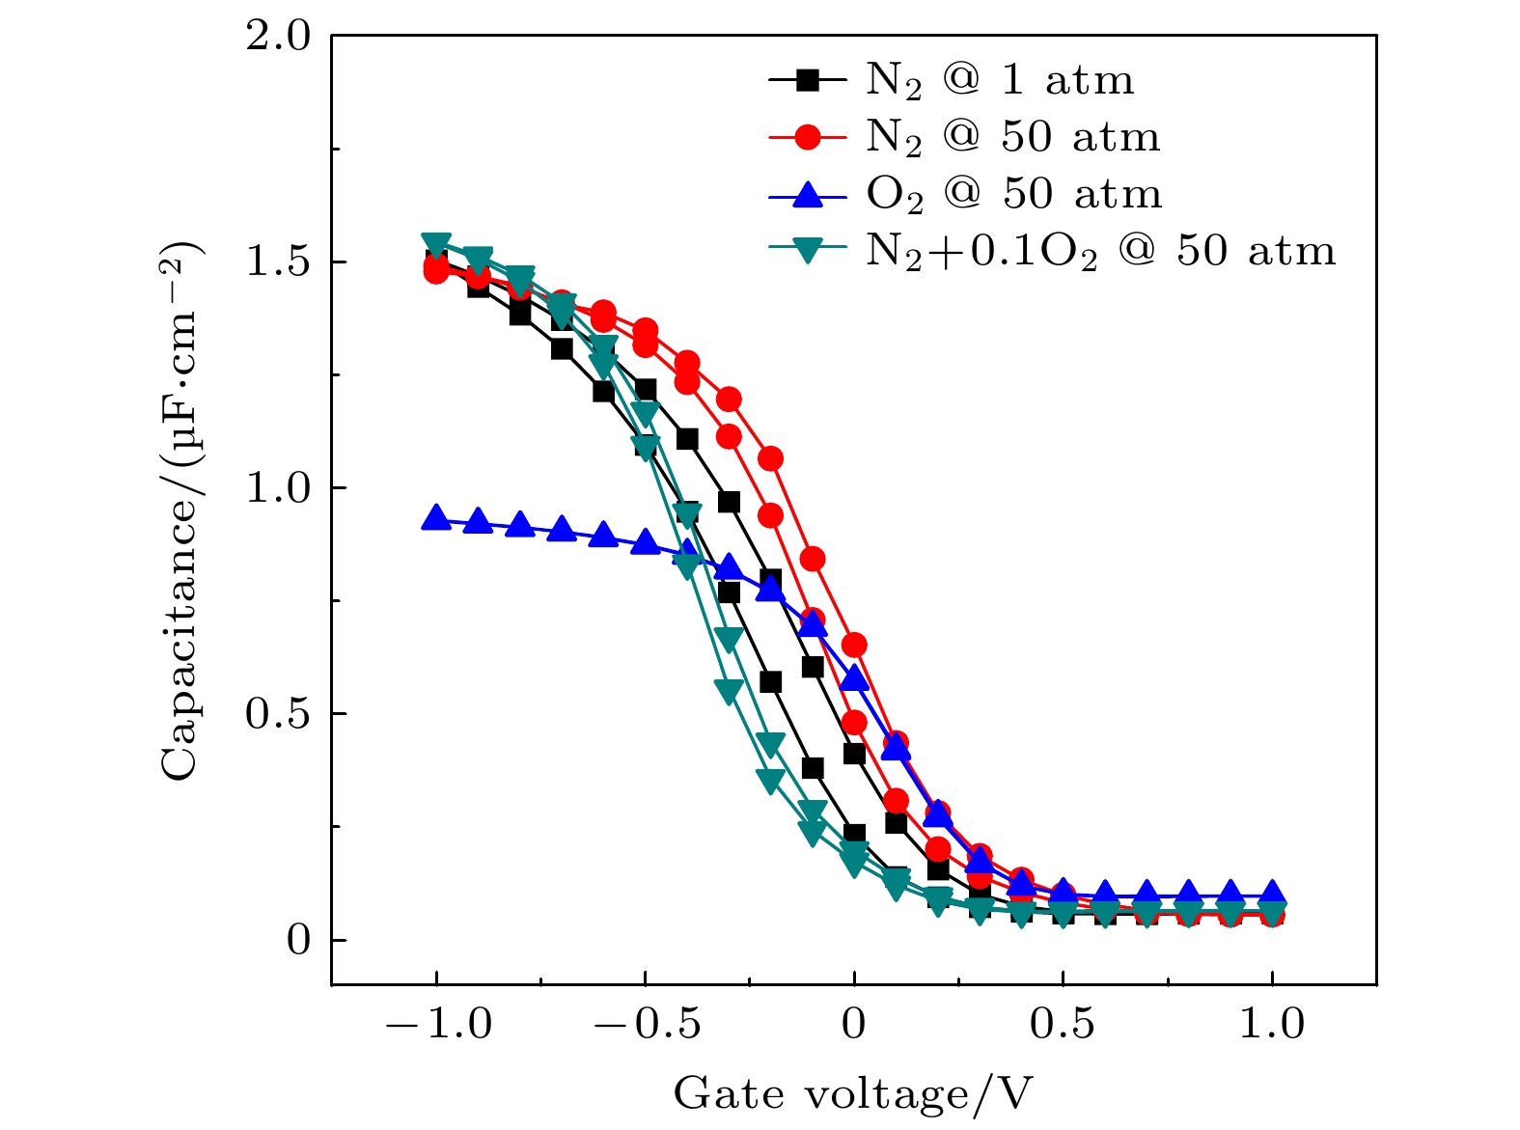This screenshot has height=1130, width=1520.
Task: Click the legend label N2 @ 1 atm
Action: point(1000,81)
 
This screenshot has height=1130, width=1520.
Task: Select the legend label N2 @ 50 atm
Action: point(1012,138)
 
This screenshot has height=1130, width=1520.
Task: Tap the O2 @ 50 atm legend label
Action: point(1013,195)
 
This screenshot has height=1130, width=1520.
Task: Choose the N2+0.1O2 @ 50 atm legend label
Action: point(1100,251)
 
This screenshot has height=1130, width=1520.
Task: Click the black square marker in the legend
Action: point(808,80)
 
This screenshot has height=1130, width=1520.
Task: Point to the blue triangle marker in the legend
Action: point(808,194)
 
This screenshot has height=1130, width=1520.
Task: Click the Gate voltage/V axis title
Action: point(853,1094)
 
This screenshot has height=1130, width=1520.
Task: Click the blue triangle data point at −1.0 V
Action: point(436,518)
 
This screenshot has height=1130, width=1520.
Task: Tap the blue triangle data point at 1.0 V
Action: point(1272,893)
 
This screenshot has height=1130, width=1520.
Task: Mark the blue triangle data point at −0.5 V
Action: point(646,542)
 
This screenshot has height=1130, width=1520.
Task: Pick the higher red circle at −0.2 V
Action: point(770,458)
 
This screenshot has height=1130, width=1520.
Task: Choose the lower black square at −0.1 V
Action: point(813,768)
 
